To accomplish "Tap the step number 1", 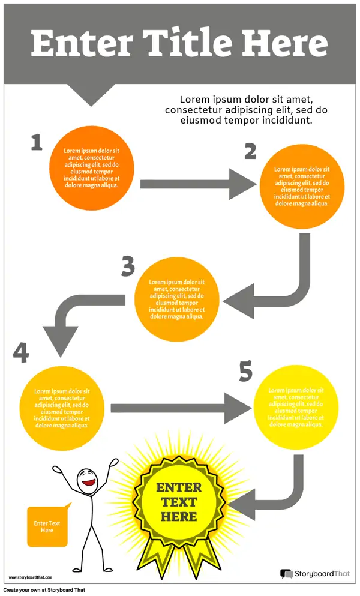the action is (37, 142).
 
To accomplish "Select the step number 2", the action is (250, 151).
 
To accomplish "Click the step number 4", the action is (21, 352).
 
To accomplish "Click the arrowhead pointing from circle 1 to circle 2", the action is (242, 184).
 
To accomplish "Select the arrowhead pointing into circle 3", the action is (238, 301).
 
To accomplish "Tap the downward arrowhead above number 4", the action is (61, 341).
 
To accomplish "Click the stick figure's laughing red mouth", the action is (89, 483).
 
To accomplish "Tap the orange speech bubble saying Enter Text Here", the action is (47, 526).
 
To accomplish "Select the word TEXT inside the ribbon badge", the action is (178, 502).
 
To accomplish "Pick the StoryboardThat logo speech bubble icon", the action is (287, 574).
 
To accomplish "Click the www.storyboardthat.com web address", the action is (31, 577).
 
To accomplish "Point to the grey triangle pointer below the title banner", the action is (91, 94).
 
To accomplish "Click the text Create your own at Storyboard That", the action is (44, 590).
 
